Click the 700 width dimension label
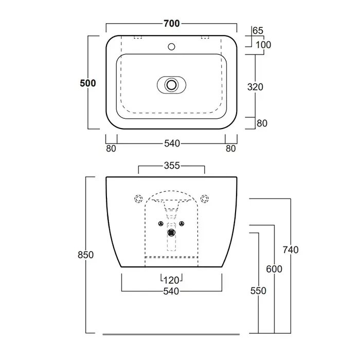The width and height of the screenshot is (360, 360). coord(171,24)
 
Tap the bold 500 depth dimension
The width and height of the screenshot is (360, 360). coord(88,83)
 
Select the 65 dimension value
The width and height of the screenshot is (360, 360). coord(258,30)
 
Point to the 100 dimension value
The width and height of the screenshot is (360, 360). coord(263,45)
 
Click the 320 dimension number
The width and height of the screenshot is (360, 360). coord(255,87)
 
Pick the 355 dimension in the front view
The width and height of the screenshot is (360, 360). coord(172,166)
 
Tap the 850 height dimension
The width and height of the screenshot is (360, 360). coord(86,255)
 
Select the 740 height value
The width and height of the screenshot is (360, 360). coord(291,250)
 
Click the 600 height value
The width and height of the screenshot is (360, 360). coord(274,269)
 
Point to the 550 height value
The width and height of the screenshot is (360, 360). coord(258,291)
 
